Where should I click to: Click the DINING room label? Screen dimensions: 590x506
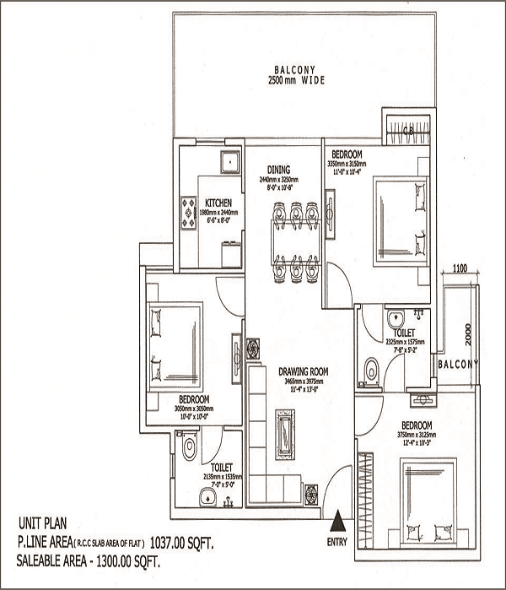(279, 170)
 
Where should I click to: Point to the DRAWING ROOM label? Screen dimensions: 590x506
(301, 371)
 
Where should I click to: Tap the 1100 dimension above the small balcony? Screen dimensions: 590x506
(460, 268)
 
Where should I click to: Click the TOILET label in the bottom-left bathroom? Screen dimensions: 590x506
(221, 466)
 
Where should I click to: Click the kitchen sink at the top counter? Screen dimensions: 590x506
(226, 160)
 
